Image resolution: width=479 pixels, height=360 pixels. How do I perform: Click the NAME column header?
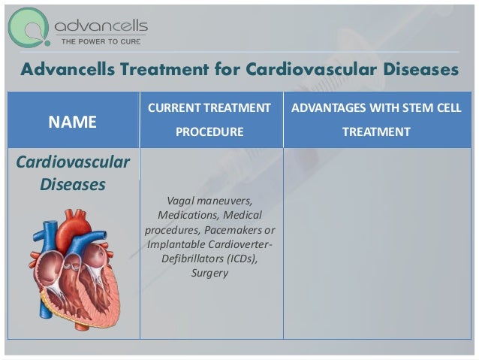(73, 123)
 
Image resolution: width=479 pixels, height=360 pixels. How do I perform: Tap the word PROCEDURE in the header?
(209, 132)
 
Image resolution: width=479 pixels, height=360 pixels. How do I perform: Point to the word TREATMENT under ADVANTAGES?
(376, 132)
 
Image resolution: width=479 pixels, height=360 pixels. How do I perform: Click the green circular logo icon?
(29, 28)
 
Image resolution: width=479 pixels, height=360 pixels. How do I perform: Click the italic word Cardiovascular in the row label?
(72, 163)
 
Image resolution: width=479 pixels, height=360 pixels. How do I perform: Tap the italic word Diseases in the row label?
(72, 183)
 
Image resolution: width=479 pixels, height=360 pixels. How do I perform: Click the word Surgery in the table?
(209, 273)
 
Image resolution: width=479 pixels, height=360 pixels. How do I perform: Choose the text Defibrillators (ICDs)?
(209, 259)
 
